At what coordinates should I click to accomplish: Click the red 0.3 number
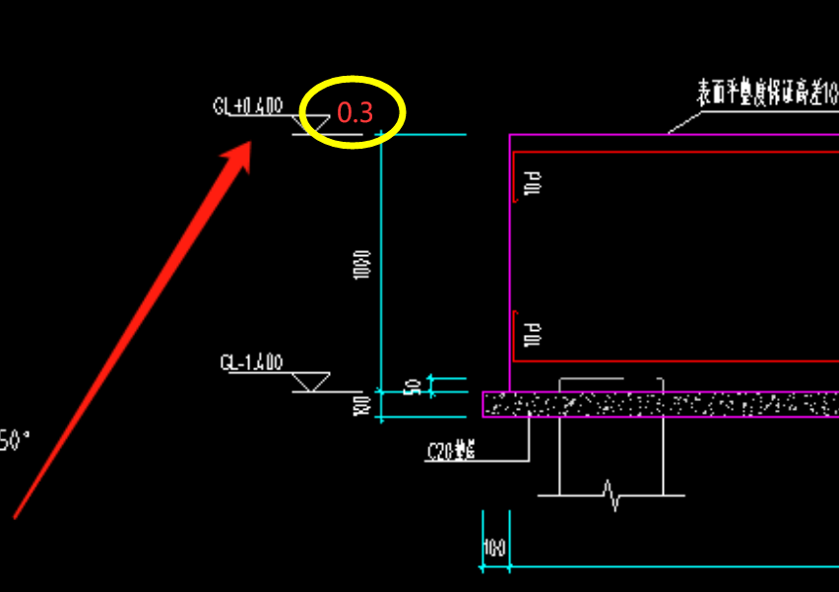pos(355,113)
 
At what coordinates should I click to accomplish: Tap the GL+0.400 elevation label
pos(248,105)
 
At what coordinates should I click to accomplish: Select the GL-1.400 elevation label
pos(251,363)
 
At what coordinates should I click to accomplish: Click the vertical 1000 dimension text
pos(361,263)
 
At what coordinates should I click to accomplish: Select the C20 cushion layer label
pos(452,452)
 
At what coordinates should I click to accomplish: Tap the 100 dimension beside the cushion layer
pos(362,405)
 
